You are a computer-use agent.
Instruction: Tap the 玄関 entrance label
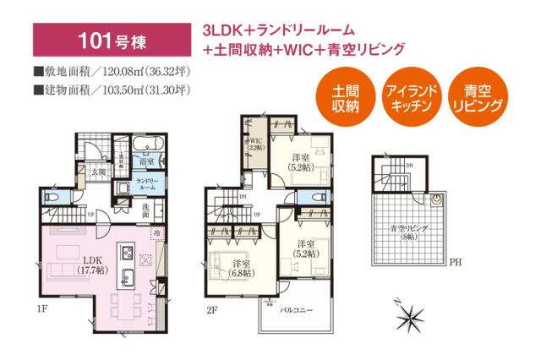[98, 173]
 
